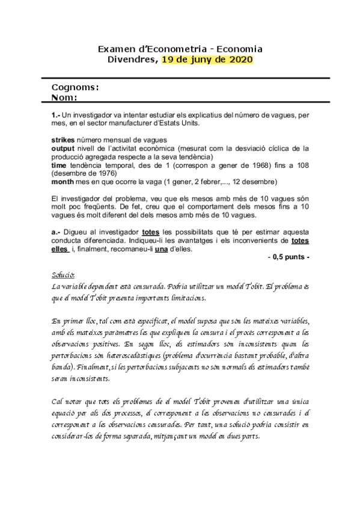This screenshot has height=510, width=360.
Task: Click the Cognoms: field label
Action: [75, 88]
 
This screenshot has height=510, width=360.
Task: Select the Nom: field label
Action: [66, 97]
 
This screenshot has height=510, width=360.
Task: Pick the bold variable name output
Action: [63, 147]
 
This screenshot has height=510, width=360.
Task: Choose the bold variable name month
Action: [63, 181]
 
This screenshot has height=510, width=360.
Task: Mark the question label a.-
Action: [56, 232]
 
